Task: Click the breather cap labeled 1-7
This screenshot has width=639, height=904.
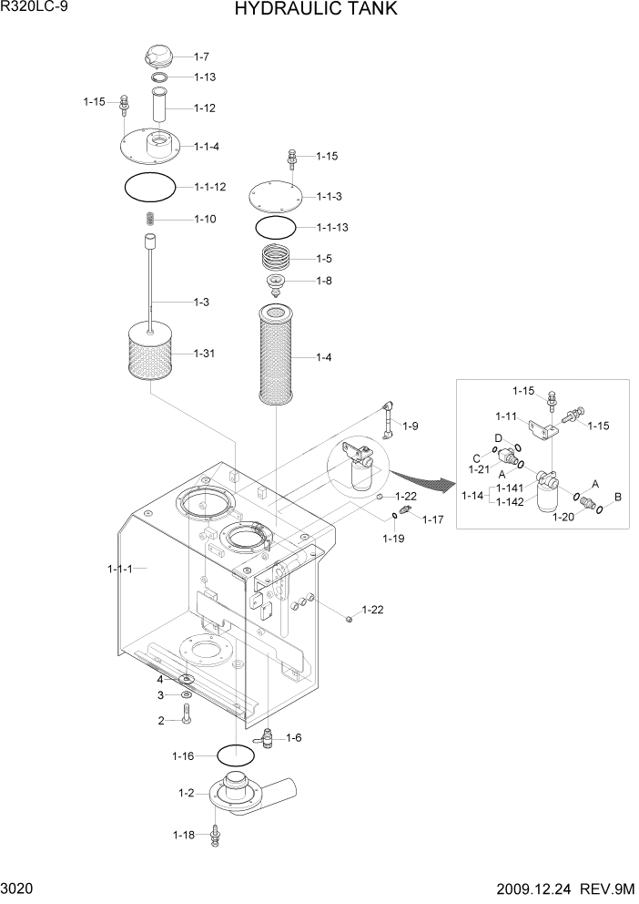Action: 157,56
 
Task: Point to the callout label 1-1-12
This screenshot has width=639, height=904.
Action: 209,187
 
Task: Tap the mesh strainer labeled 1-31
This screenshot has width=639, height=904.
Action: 151,354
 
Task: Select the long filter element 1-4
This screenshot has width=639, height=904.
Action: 275,357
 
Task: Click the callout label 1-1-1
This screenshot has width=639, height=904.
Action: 120,569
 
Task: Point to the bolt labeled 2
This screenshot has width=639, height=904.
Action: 186,719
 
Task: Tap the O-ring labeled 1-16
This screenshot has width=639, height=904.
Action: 235,755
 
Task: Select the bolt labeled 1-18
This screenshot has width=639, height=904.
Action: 215,835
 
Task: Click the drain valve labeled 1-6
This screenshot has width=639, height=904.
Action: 269,737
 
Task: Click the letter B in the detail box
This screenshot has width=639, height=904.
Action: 618,497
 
